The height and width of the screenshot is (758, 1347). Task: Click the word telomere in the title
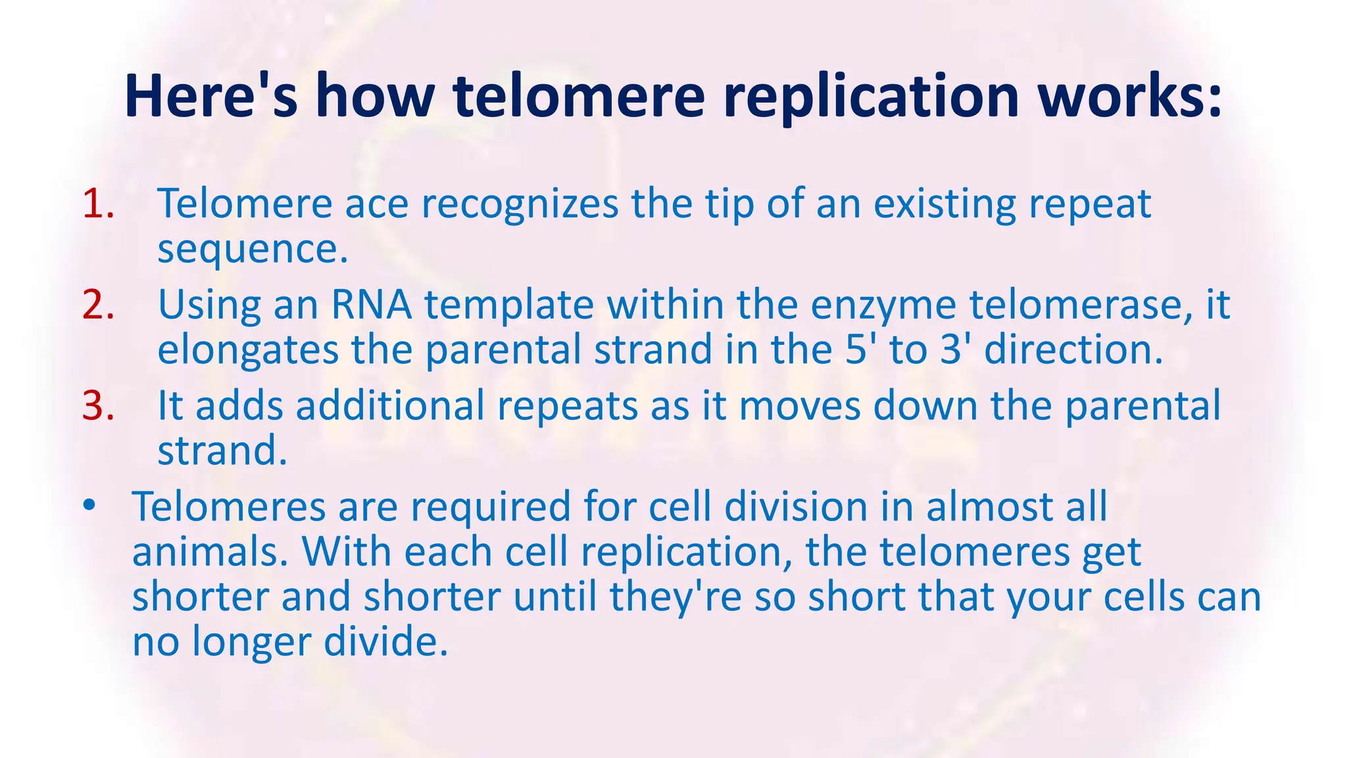(579, 97)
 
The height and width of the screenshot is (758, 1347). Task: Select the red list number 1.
(97, 204)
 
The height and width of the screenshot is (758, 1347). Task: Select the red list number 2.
(97, 305)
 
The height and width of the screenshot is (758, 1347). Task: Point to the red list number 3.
(97, 406)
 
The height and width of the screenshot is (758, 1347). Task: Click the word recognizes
(520, 204)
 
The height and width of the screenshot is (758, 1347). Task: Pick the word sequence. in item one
(253, 250)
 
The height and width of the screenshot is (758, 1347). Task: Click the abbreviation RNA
(371, 305)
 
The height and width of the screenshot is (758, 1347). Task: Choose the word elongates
(247, 349)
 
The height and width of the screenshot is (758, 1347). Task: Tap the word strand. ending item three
(222, 451)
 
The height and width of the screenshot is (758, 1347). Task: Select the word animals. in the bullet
(210, 552)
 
